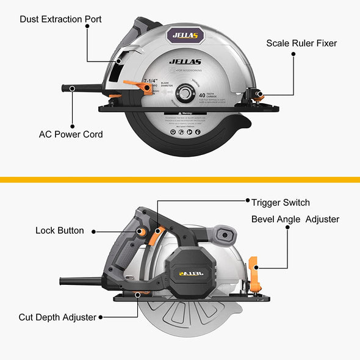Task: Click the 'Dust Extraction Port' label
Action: pos(60,20)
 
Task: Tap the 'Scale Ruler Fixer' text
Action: pos(301,43)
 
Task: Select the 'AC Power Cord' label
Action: pos(71,134)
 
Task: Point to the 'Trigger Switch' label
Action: pos(280,203)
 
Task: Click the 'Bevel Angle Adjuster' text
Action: pos(295,219)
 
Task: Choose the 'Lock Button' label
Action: pos(60,231)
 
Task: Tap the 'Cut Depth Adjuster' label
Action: pos(57,317)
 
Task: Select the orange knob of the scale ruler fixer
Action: pos(259,95)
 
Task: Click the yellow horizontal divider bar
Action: pos(180,179)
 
